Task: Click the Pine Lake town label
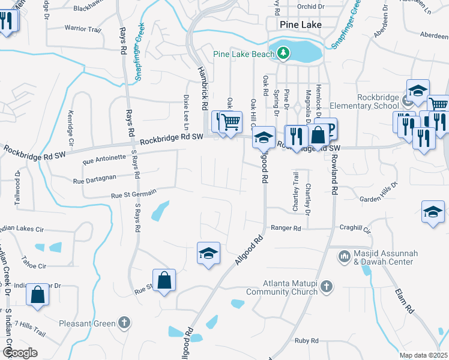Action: pos(301,25)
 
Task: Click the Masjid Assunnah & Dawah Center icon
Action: pos(345,257)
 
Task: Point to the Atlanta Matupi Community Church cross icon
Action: pos(326,286)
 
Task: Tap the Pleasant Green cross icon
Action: pos(124,323)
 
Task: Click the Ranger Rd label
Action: pos(285,228)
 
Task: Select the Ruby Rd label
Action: pos(306,340)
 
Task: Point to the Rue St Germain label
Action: pos(133,193)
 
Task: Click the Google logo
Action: pos(20,352)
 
